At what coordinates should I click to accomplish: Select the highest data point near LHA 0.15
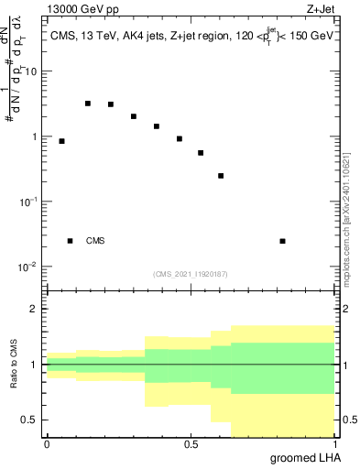click(88, 104)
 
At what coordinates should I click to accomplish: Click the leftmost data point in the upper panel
click(61, 141)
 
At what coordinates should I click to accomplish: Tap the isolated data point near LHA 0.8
click(282, 241)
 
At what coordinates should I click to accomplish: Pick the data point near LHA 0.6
click(221, 176)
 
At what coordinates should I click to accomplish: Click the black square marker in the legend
click(70, 241)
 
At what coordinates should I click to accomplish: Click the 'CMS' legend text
click(95, 241)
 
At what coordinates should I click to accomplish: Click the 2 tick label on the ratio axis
click(33, 310)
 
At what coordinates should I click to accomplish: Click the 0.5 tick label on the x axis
click(191, 443)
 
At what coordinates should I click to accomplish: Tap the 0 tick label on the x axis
click(47, 443)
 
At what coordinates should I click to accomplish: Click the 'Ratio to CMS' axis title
click(14, 365)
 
